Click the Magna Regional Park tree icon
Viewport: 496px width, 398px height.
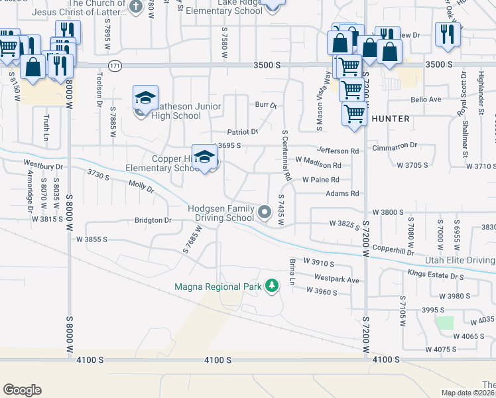[x=271, y=286]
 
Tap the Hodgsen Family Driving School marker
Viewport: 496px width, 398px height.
[x=265, y=212]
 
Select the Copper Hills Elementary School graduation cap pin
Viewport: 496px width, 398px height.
[x=206, y=158]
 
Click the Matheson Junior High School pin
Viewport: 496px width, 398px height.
[x=145, y=98]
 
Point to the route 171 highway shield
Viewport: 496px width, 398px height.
[x=116, y=66]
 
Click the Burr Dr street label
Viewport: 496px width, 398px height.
[x=265, y=105]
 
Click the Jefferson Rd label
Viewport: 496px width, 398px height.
[x=338, y=151]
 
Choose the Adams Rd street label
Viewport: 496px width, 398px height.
[x=342, y=194]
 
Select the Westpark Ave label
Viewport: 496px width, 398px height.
[x=337, y=279]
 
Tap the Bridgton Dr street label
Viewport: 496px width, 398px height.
[x=153, y=220]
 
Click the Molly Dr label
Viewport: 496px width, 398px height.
[x=141, y=187]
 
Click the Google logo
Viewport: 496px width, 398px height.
[x=22, y=390]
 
